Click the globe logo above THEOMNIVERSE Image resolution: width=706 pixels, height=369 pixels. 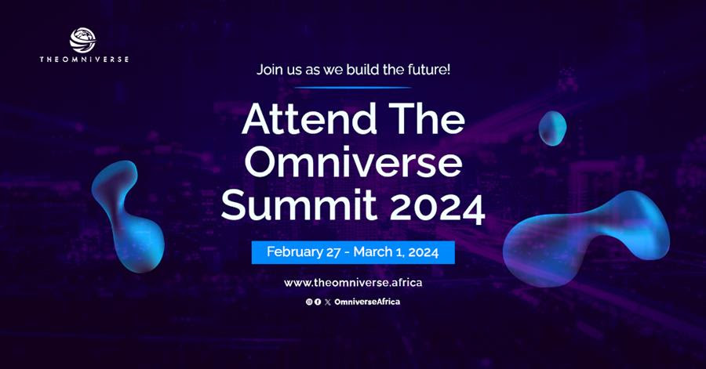coord(83,41)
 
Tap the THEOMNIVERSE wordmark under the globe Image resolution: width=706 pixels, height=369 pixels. coord(84,60)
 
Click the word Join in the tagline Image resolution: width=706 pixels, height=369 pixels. coord(268,70)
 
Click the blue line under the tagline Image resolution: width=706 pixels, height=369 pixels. coord(353,88)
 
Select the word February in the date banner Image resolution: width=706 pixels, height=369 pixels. coord(294,252)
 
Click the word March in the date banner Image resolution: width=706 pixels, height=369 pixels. coord(373,251)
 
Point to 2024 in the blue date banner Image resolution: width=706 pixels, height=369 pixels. coord(423,251)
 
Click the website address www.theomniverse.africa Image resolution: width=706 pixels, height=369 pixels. coord(353,283)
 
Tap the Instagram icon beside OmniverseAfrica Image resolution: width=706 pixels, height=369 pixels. coord(309,302)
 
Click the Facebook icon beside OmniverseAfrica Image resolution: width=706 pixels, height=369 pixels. coord(318,302)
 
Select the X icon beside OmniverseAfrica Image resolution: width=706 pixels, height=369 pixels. coord(327,302)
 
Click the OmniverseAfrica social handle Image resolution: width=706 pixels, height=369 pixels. coord(367,302)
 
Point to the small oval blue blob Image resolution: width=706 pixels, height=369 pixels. coord(552,128)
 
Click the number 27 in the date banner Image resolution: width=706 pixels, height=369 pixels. coord(333,252)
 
